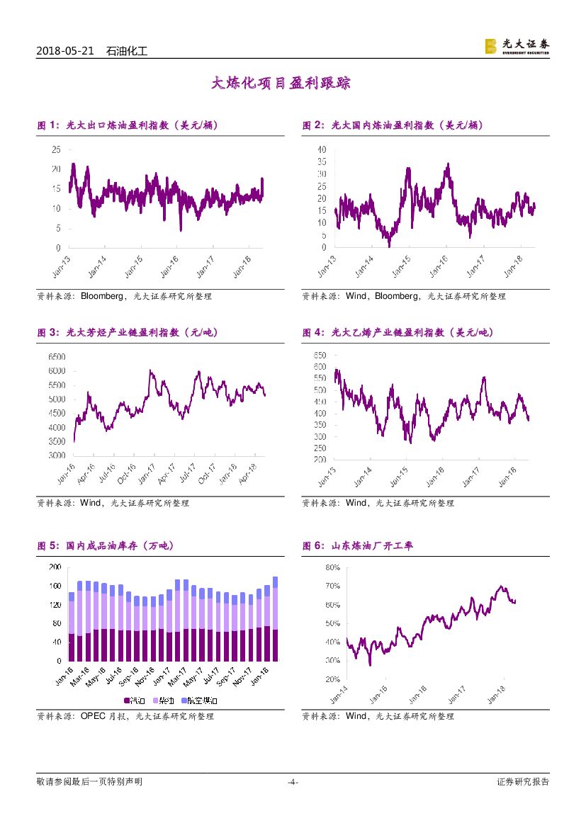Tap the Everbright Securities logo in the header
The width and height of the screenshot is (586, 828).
click(x=517, y=46)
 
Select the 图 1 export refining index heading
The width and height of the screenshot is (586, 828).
click(x=127, y=125)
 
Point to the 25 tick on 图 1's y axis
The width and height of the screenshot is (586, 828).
click(x=55, y=149)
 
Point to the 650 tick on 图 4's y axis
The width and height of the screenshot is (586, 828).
click(x=319, y=355)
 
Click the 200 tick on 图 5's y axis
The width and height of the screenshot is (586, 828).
click(x=54, y=567)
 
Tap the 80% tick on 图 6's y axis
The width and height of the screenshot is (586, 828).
click(x=333, y=567)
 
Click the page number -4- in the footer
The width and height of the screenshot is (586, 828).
click(x=293, y=782)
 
